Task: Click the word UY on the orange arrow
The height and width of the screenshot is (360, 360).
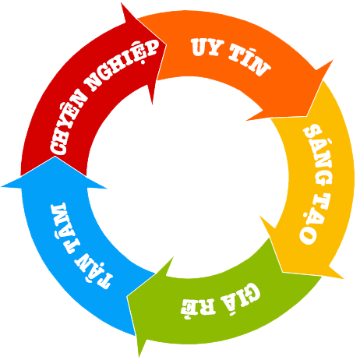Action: (x=207, y=47)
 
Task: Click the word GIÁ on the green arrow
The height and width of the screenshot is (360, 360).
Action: (x=241, y=298)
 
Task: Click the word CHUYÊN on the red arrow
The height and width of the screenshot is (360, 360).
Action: (x=69, y=122)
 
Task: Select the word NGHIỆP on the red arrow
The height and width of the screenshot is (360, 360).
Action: (x=122, y=65)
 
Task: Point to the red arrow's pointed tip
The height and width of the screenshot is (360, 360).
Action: (x=166, y=44)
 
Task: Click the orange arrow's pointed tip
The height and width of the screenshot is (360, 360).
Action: (x=307, y=116)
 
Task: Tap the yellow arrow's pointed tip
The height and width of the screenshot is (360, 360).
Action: (x=282, y=272)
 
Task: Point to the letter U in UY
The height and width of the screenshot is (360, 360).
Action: (x=199, y=47)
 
